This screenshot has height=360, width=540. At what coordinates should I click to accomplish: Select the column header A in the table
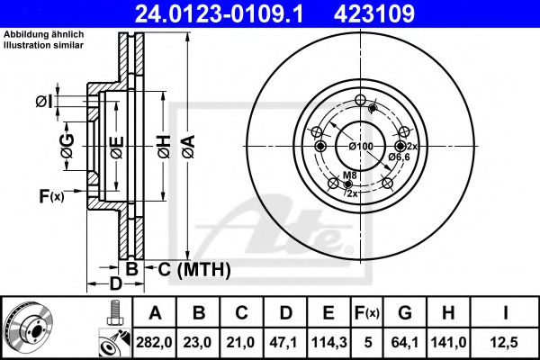pyautogui.click(x=154, y=313)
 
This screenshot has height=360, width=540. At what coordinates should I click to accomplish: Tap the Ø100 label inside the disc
pyautogui.click(x=360, y=146)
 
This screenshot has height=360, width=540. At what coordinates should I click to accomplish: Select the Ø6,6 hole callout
pyautogui.click(x=399, y=157)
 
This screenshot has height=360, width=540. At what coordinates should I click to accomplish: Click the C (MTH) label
pyautogui.click(x=194, y=269)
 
